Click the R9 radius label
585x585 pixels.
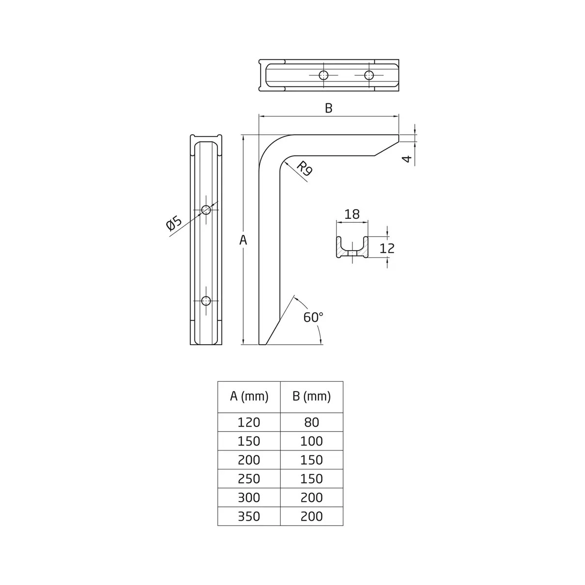304,169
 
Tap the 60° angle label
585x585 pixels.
313,317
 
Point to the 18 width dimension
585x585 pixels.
352,214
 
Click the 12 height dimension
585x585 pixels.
387,248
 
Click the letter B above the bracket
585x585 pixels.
329,108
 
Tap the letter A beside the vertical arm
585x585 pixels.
243,240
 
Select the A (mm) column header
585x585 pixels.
249,396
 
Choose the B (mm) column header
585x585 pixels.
312,396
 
